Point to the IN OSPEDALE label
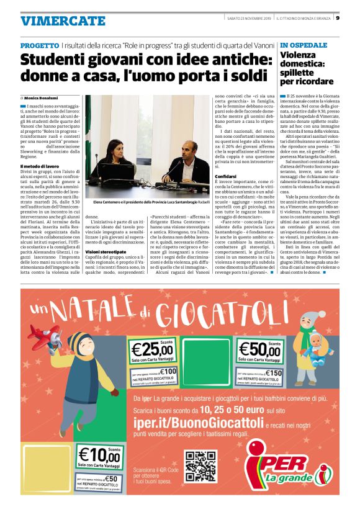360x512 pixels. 304,46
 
